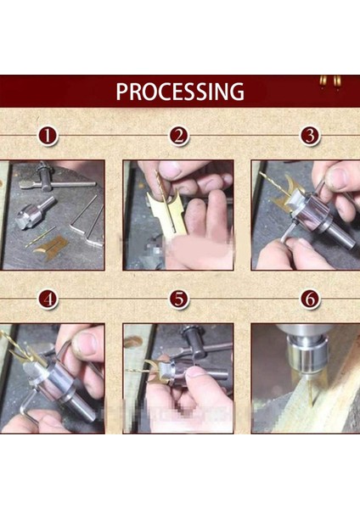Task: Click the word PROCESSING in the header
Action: pyautogui.click(x=179, y=92)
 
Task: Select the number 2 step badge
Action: pyautogui.click(x=178, y=137)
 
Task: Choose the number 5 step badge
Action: pyautogui.click(x=178, y=299)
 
